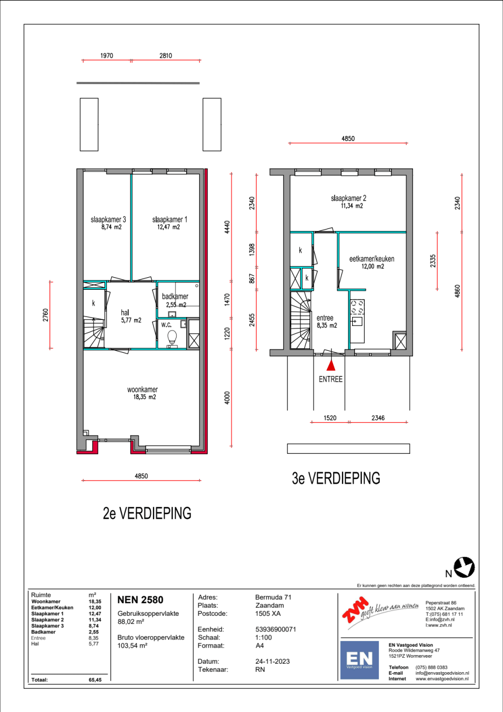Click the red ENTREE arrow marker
tap(331, 365)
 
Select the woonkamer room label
tap(142, 389)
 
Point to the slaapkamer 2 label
tap(349, 198)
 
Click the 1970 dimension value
tap(107, 56)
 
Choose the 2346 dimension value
tap(378, 418)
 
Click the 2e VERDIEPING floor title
tap(147, 513)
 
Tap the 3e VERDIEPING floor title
tap(336, 478)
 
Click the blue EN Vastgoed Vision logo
tap(359, 660)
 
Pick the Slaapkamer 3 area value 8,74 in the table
tap(94, 625)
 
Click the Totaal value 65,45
tap(95, 680)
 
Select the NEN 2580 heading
tap(140, 600)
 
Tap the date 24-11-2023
tap(272, 661)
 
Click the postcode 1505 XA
tap(268, 613)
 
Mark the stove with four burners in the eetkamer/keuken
tap(357, 307)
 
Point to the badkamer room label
tap(175, 296)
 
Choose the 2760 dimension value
tap(46, 315)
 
